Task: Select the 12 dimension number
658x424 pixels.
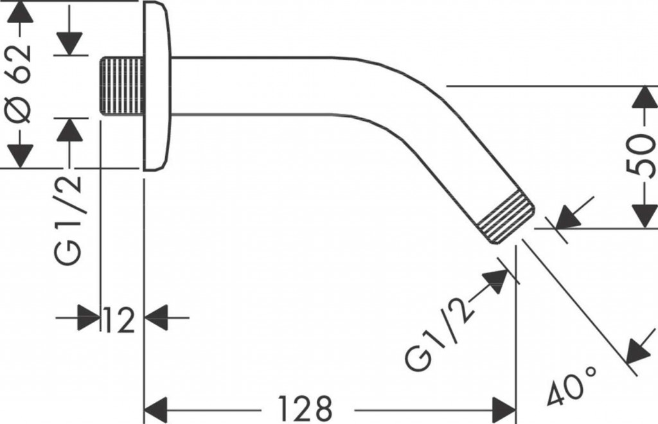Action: pyautogui.click(x=120, y=319)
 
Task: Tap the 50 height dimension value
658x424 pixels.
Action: pyautogui.click(x=641, y=156)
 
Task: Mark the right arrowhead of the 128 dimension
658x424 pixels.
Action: pyautogui.click(x=504, y=407)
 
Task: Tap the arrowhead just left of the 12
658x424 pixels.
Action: pyautogui.click(x=89, y=317)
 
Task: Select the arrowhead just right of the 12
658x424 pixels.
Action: pyautogui.click(x=156, y=317)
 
